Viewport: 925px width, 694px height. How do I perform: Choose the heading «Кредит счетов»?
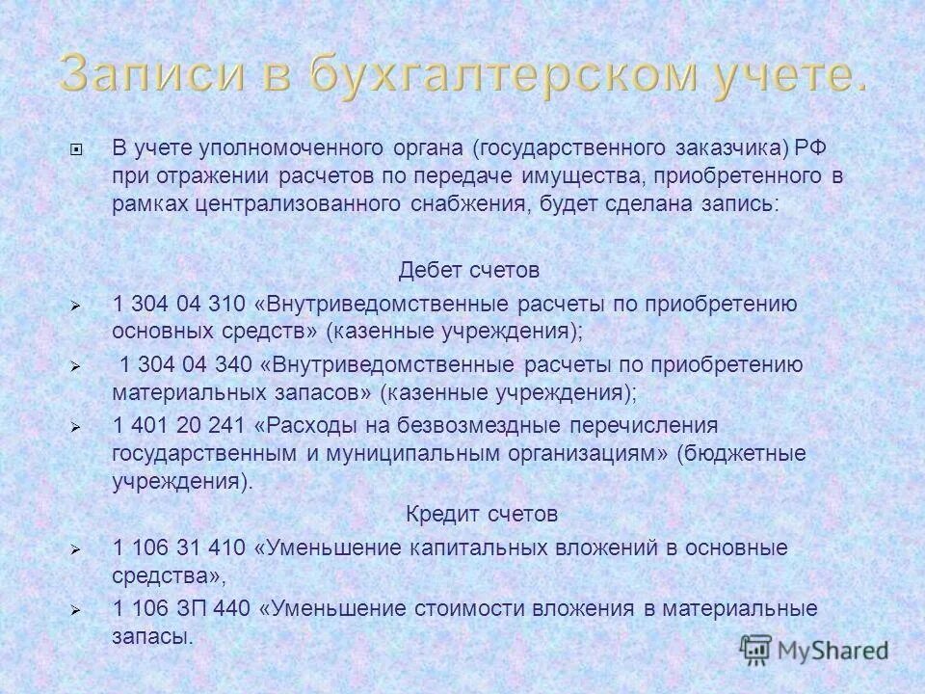(x=481, y=514)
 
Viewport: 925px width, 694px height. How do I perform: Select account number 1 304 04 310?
(x=179, y=304)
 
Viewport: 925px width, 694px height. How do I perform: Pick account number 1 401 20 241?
(x=179, y=426)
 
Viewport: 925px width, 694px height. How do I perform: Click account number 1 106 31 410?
(x=179, y=548)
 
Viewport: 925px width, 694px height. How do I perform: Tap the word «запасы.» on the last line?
(x=153, y=636)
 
